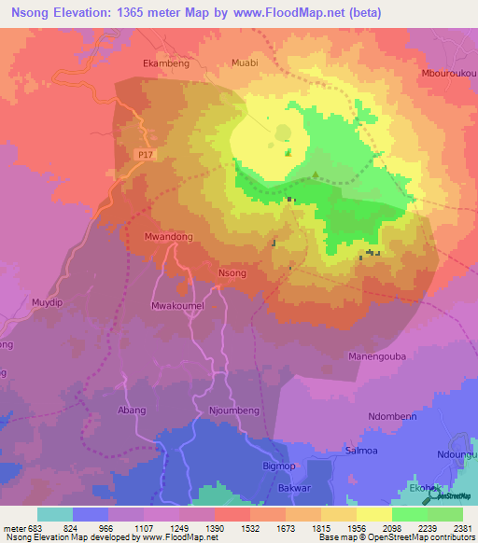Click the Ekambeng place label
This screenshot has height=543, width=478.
click(x=166, y=63)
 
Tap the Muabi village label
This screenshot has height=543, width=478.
click(x=244, y=63)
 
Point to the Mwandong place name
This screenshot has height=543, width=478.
click(x=169, y=237)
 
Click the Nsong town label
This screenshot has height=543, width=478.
click(x=232, y=273)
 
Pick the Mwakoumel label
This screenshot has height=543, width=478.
click(x=176, y=306)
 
